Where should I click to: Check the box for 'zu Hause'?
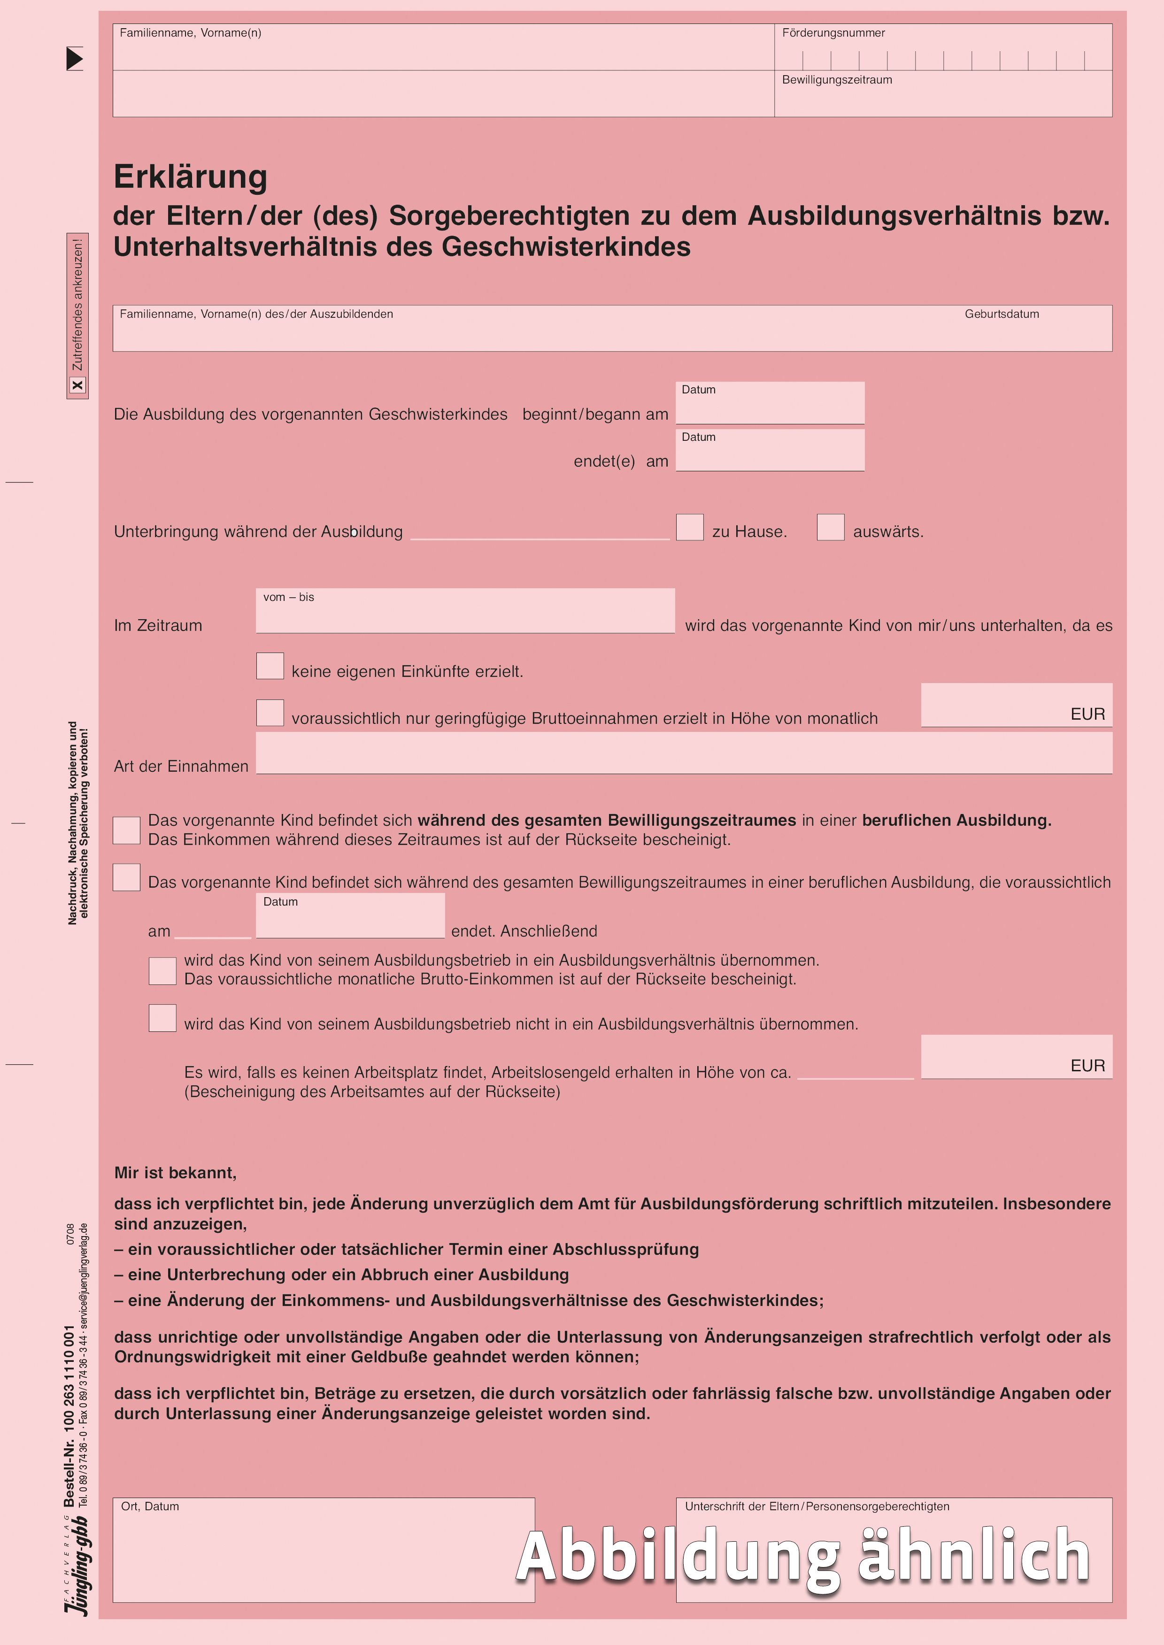point(689,527)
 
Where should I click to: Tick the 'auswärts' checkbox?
point(830,527)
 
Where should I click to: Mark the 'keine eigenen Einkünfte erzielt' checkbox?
point(270,666)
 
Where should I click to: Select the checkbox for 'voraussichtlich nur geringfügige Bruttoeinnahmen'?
point(270,713)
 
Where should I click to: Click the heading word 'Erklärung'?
point(191,177)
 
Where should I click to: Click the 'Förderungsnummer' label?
point(833,33)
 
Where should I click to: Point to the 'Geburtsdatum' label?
point(1001,314)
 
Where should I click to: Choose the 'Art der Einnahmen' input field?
point(684,753)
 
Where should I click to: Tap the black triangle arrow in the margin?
point(75,59)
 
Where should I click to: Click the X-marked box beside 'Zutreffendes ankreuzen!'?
point(77,385)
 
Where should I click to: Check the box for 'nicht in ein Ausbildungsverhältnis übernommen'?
point(163,1018)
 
